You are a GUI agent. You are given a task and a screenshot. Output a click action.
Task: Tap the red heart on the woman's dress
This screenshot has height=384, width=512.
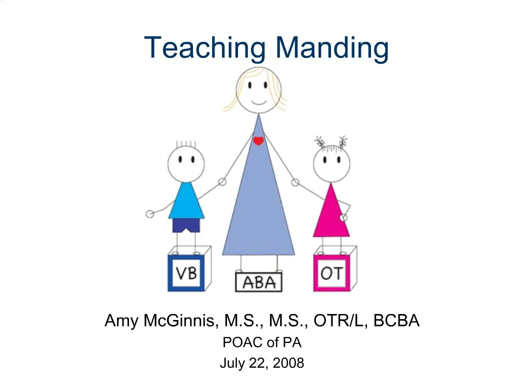(258, 141)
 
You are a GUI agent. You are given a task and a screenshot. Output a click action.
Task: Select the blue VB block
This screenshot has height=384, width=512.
(186, 273)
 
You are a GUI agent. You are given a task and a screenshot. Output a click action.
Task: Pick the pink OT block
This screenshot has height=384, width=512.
(331, 273)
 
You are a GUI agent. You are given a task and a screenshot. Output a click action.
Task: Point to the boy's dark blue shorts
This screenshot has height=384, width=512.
(186, 225)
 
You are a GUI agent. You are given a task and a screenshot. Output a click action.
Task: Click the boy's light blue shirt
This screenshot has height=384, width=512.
(186, 202)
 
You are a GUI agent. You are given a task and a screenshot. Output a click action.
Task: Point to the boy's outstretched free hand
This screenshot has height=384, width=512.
(149, 214)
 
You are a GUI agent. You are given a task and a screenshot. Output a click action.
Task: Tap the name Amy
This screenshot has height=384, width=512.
(121, 320)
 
